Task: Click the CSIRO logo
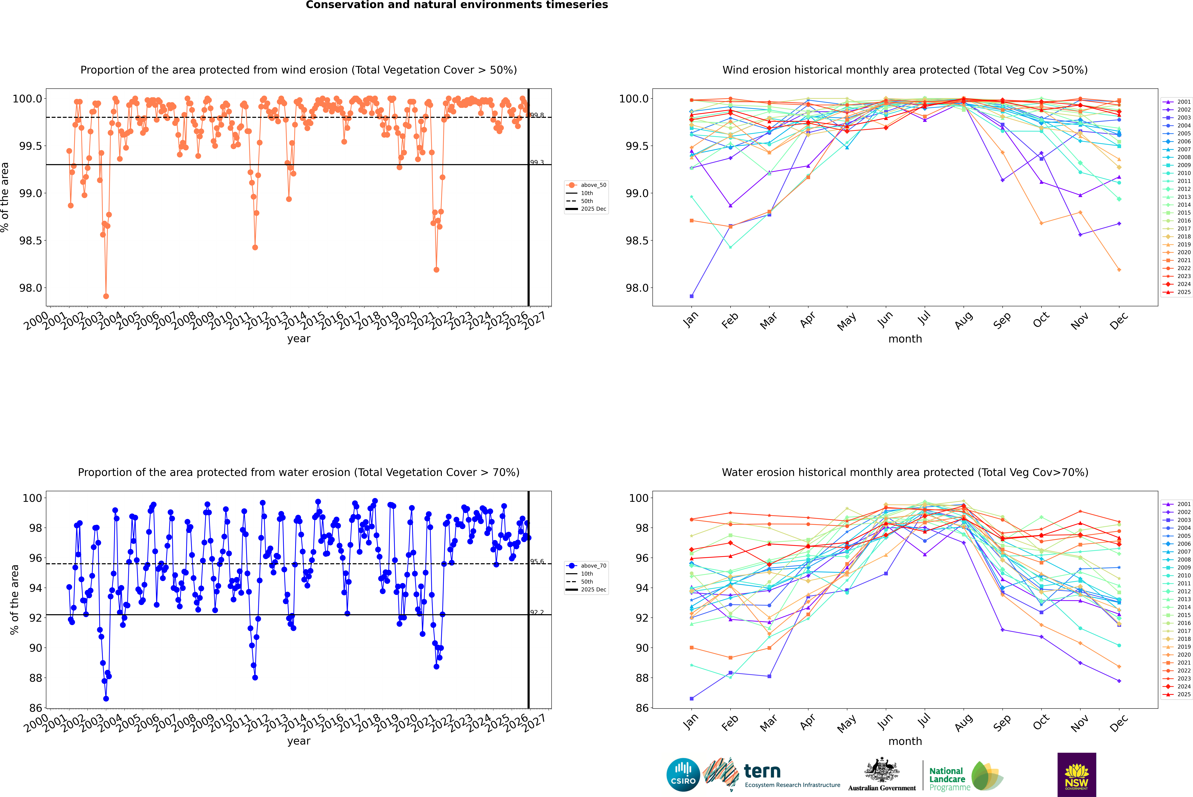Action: pos(683,775)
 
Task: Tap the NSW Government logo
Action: pos(1077,775)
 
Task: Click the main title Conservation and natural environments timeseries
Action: pos(457,5)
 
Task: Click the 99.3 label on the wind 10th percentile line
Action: pos(537,163)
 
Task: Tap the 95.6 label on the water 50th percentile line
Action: pos(537,562)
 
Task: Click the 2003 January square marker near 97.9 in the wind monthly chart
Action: pos(692,296)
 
